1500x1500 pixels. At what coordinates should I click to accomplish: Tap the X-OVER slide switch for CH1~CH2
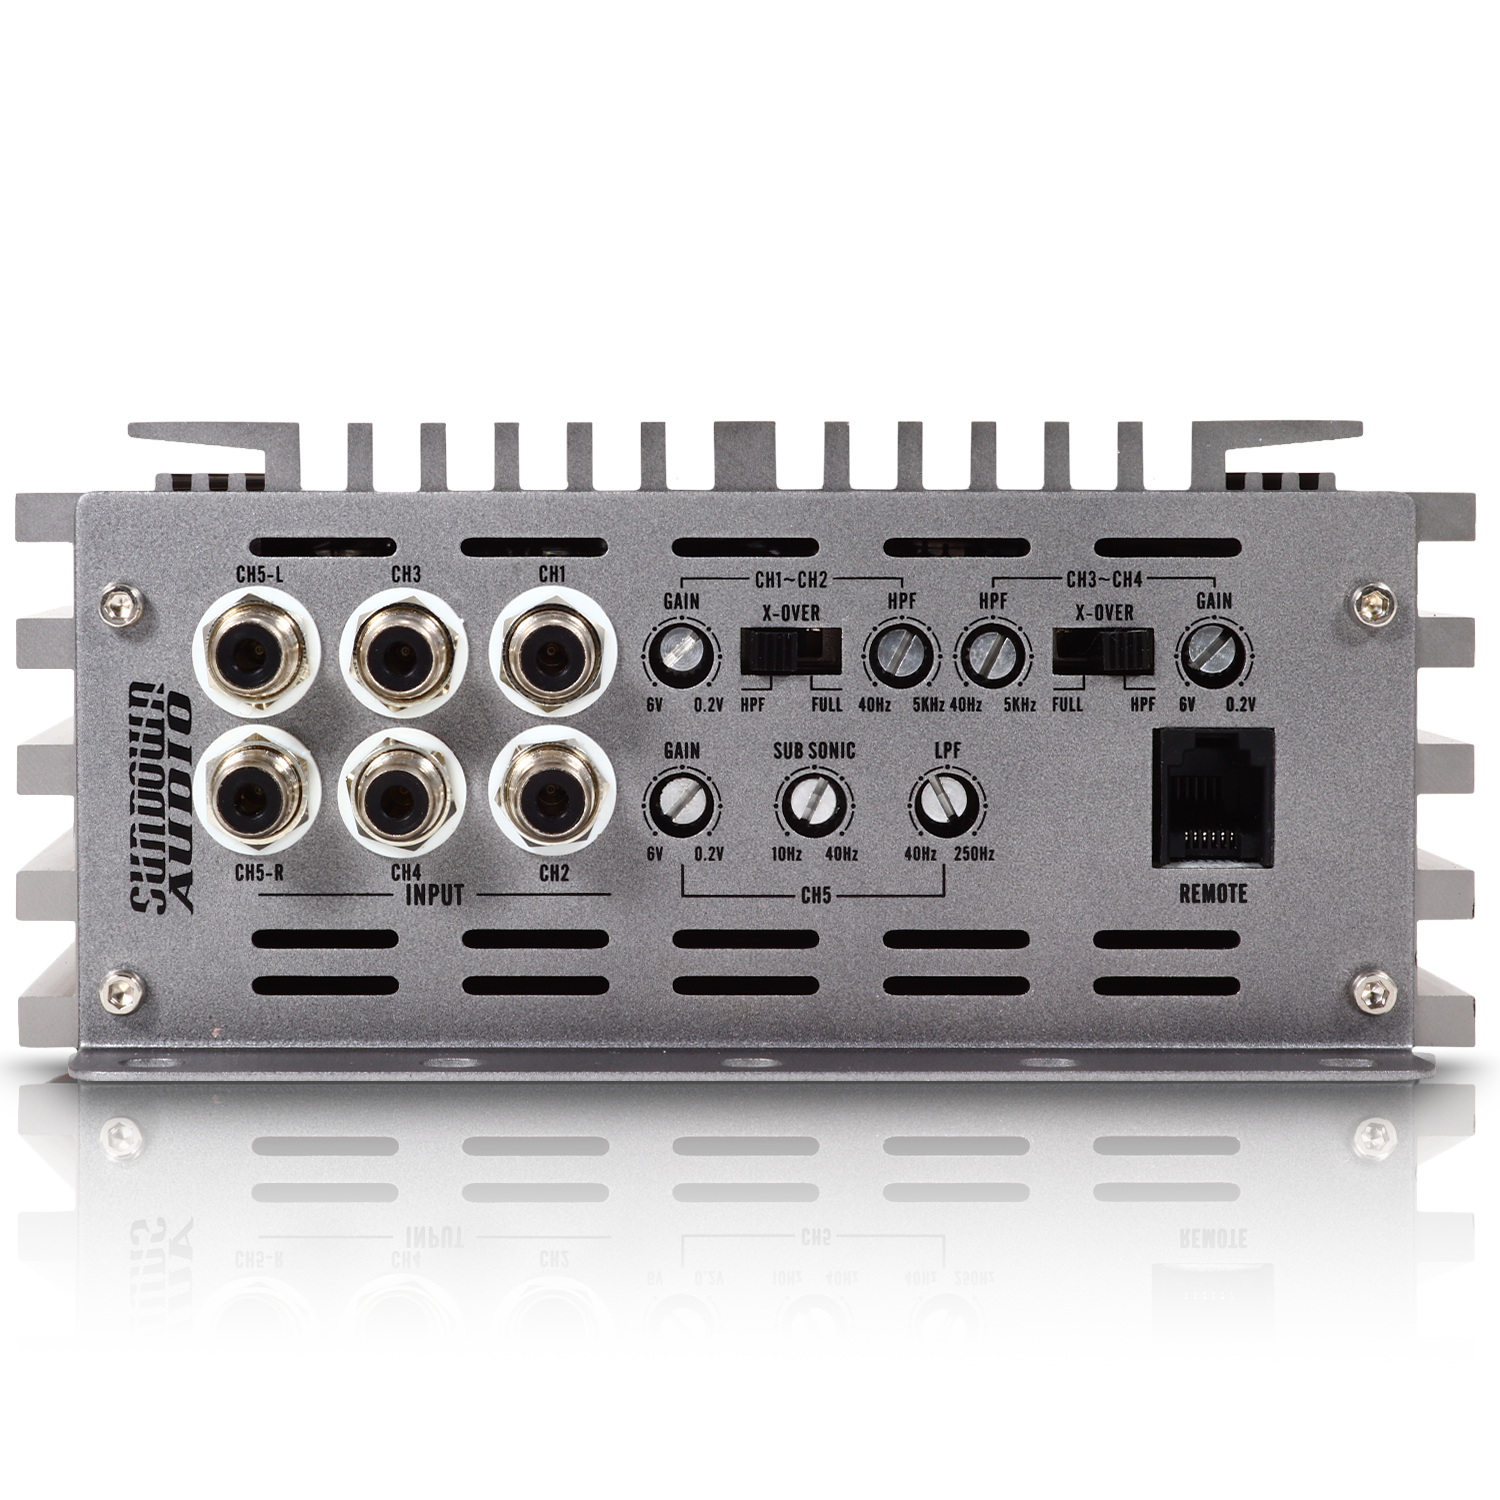(791, 652)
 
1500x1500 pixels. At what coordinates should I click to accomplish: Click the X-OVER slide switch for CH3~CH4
(1102, 652)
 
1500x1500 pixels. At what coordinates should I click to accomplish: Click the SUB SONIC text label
(814, 750)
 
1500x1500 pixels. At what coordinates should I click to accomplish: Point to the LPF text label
(946, 749)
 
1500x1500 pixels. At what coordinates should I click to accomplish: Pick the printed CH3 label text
(405, 574)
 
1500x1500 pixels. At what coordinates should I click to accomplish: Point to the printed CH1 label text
(552, 574)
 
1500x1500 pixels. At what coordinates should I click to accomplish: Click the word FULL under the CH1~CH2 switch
(827, 704)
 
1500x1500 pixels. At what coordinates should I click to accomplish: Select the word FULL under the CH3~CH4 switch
(1067, 704)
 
